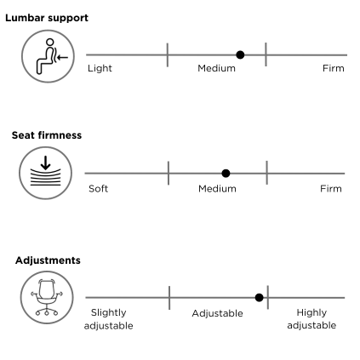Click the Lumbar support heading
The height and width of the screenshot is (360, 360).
[47, 18]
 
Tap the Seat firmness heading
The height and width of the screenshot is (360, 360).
[47, 135]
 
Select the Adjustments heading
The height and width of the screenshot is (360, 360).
[48, 260]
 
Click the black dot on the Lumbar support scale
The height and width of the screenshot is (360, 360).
[240, 54]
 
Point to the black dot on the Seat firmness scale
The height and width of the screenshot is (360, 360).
[226, 173]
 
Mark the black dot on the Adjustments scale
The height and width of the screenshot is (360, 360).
[259, 298]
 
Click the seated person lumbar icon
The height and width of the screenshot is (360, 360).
[48, 56]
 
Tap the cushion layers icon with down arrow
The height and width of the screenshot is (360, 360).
[46, 173]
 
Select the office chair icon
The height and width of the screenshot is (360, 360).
[47, 298]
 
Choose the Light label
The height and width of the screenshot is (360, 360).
[100, 68]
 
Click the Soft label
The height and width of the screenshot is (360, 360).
[98, 189]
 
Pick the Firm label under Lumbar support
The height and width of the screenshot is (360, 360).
[334, 68]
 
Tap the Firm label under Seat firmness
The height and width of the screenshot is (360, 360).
[331, 189]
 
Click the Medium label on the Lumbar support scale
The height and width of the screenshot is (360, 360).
[216, 68]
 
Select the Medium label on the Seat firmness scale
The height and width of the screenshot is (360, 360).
[217, 189]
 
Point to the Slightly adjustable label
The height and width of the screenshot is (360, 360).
[109, 319]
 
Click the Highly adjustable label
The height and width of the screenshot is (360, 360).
[311, 319]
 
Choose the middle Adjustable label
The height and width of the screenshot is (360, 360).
[217, 313]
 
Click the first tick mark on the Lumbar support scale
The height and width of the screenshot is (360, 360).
[168, 54]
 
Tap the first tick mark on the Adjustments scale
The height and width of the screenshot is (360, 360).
[169, 298]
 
